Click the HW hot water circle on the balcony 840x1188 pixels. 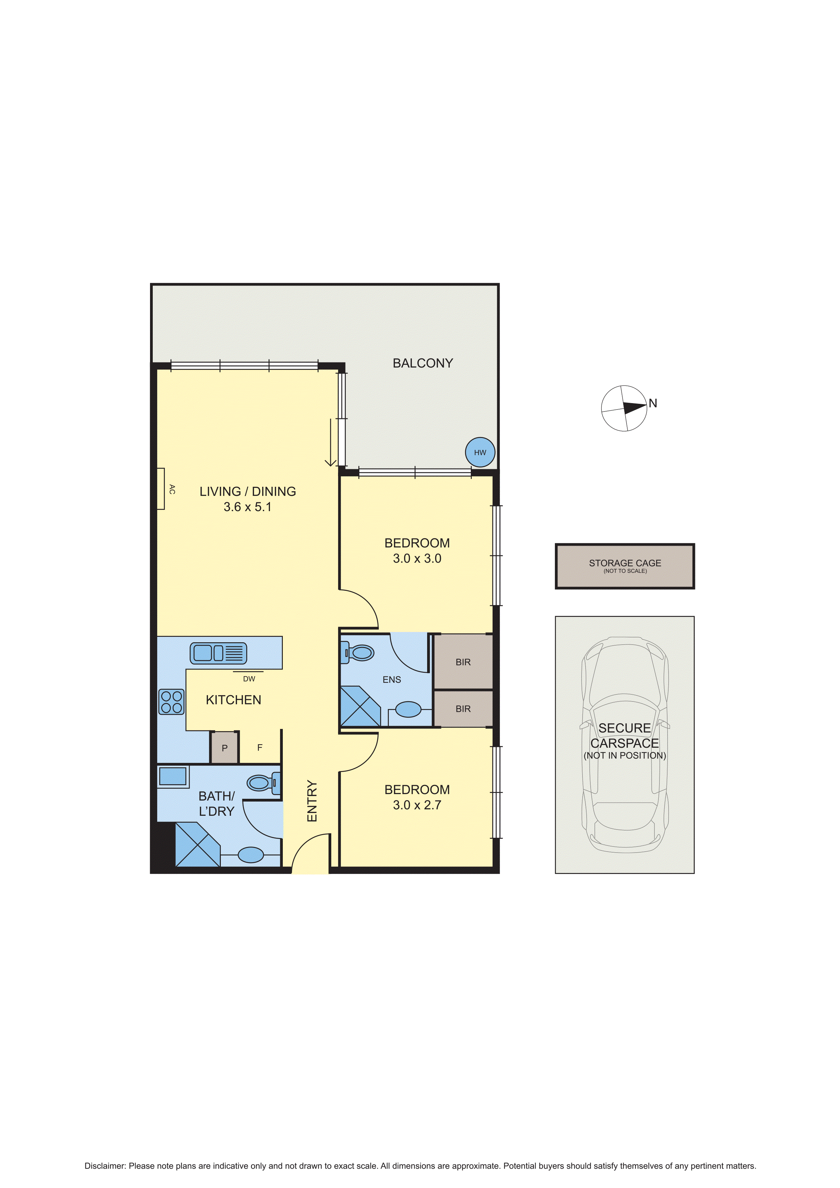480,452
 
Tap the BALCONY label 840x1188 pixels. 423,363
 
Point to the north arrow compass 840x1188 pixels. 624,408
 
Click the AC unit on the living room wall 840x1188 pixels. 161,488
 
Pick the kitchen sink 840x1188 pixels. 218,653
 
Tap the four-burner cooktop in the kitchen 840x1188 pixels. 171,702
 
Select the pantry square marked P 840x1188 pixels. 225,747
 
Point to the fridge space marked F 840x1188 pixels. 260,747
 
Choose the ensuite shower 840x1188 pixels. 359,707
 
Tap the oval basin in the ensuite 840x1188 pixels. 408,709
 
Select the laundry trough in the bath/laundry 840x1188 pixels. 173,776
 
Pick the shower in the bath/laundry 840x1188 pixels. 197,845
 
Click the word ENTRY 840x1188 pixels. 312,801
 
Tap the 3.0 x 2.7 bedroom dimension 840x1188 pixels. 417,805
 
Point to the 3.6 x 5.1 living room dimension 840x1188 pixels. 247,507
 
